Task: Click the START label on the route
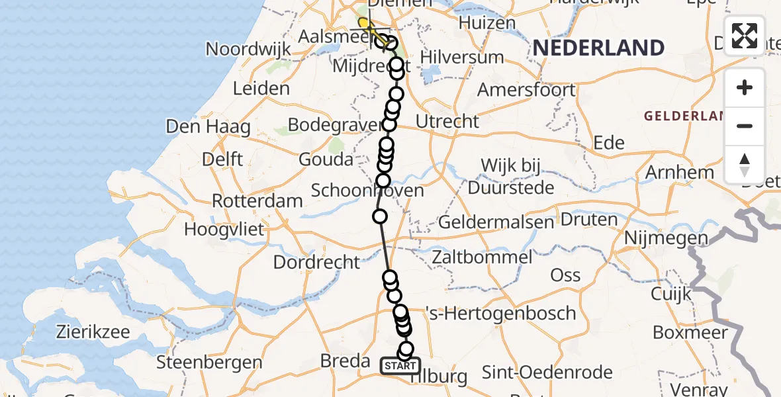(x=400, y=366)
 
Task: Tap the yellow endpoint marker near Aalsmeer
(x=363, y=24)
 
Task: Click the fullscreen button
(x=745, y=36)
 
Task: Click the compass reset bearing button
(x=745, y=164)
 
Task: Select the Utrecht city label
(x=447, y=121)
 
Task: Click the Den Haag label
(x=208, y=126)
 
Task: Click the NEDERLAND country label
(x=598, y=48)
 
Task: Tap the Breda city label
(x=345, y=361)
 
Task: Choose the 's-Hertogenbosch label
(x=500, y=312)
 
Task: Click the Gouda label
(x=326, y=159)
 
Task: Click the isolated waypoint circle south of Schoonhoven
(x=380, y=216)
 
